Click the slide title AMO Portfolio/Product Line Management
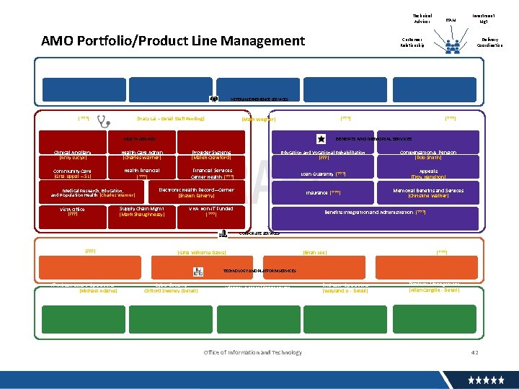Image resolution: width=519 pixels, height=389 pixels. (x=173, y=41)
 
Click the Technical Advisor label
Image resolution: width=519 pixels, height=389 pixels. (x=422, y=18)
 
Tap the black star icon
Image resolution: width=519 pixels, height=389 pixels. (x=321, y=138)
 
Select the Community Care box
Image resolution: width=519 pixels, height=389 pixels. (x=73, y=174)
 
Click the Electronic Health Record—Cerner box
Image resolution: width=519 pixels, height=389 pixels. (x=196, y=192)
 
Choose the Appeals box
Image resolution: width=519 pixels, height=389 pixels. (x=427, y=174)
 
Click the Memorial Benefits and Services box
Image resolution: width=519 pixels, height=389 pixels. (x=427, y=193)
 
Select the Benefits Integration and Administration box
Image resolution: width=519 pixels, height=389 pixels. (x=375, y=213)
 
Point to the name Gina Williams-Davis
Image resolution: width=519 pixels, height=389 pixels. (x=201, y=252)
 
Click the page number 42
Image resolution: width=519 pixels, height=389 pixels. (x=474, y=352)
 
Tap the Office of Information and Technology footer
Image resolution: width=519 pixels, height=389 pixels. (x=253, y=352)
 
